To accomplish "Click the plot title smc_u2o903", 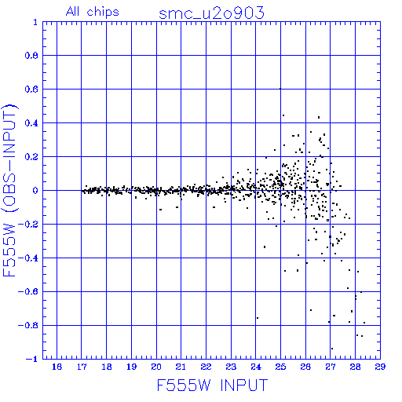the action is click(x=211, y=13).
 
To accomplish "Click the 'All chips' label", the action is click(x=93, y=12).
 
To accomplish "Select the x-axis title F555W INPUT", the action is click(x=212, y=385).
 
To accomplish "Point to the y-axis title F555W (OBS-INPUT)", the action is click(x=9, y=190).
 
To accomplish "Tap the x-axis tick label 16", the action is click(x=57, y=367).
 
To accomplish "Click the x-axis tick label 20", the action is click(x=156, y=367).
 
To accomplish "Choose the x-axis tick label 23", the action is click(x=231, y=367).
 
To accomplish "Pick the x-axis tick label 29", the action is click(x=380, y=367).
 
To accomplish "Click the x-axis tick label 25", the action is click(x=280, y=367).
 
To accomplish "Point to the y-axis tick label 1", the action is click(x=35, y=22).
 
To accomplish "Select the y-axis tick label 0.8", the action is click(x=31, y=56).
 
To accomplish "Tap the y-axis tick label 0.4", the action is click(x=31, y=123).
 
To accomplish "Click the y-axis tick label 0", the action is click(x=35, y=191).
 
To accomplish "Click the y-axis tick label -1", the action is click(x=31, y=359).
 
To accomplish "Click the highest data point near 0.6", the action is click(x=280, y=89).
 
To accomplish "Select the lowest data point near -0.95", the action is click(x=332, y=349).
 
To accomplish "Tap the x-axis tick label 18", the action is click(x=107, y=367).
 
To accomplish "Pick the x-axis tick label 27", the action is click(x=331, y=367).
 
